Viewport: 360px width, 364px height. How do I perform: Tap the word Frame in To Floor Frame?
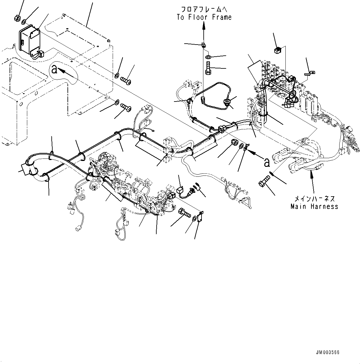(222, 17)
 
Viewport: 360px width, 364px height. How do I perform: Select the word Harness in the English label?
(323, 206)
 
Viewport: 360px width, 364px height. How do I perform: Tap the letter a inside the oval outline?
(54, 69)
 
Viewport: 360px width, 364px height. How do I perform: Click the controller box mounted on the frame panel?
(29, 40)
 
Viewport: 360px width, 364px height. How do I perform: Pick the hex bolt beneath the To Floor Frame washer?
(208, 68)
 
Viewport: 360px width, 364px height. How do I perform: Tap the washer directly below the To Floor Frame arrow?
(209, 57)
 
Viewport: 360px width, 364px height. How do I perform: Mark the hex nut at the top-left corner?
(17, 18)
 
